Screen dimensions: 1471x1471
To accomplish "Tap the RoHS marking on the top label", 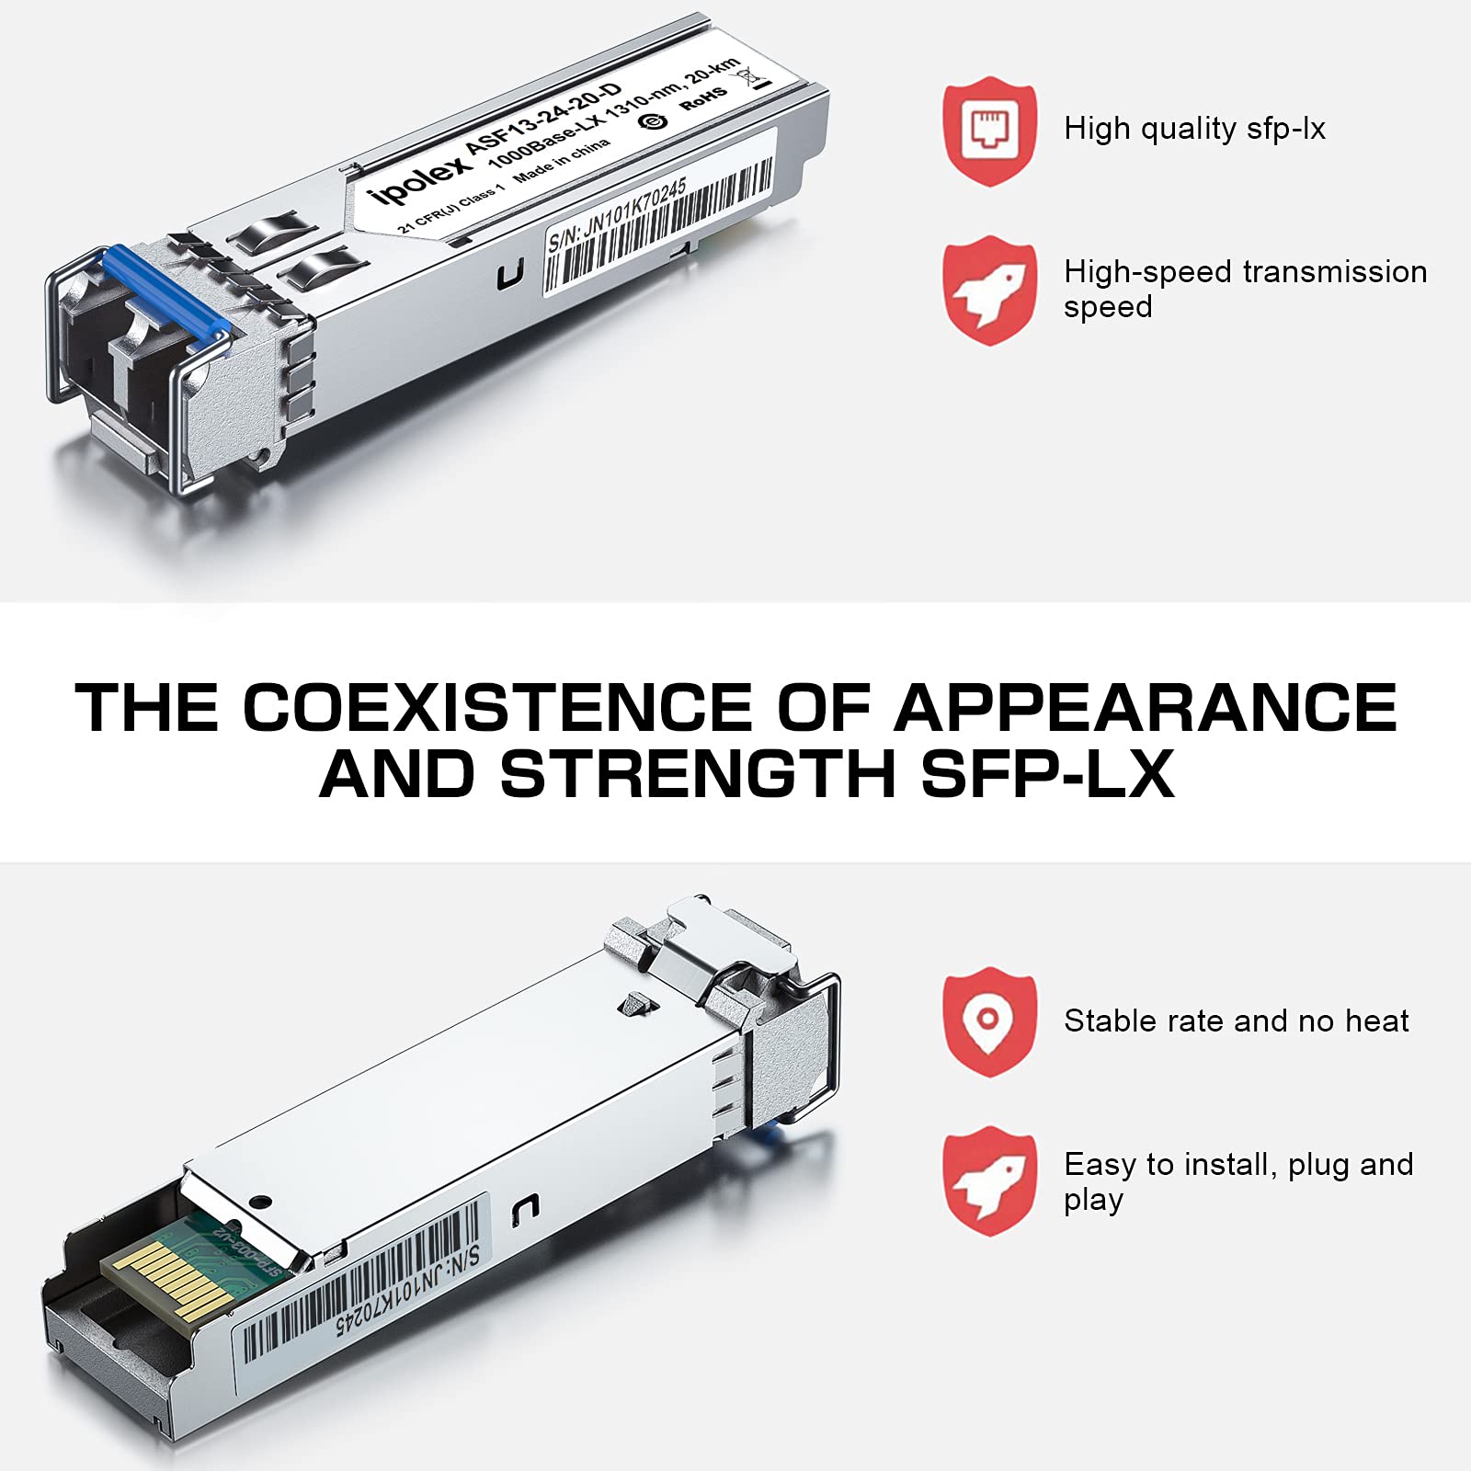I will [703, 98].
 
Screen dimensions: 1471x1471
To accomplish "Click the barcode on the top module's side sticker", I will [662, 230].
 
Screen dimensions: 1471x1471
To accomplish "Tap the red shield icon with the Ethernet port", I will [989, 131].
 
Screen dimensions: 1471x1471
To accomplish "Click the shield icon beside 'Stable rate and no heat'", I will [989, 1021].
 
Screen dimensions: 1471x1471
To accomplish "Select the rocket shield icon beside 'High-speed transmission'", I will [989, 290].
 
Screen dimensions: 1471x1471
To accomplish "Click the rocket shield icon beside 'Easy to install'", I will [989, 1180].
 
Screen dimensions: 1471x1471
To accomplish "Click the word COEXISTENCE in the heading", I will [496, 708].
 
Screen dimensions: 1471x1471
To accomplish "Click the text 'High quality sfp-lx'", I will [1193, 129].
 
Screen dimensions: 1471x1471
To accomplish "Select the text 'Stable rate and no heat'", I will [1236, 1021].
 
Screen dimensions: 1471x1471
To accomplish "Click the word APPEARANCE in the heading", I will [1145, 708].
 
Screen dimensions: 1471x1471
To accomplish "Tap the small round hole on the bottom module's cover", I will [261, 1201].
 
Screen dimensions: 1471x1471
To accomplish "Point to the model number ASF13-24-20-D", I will [542, 120].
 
